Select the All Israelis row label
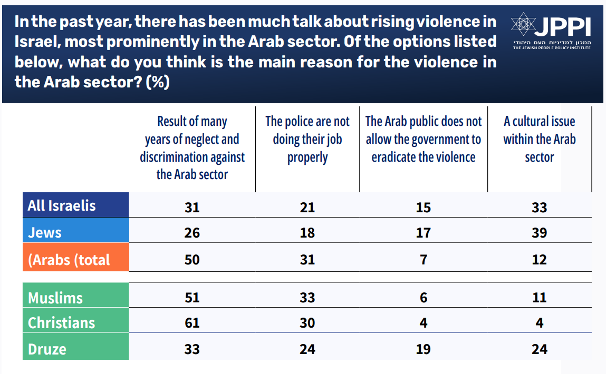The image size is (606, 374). (62, 205)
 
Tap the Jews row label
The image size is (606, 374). (45, 232)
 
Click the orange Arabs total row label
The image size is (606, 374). (69, 260)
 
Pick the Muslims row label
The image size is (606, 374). (55, 298)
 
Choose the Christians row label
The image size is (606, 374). (62, 323)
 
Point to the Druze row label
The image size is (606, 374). (47, 349)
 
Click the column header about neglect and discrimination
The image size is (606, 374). (192, 148)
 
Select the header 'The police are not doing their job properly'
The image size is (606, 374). (307, 140)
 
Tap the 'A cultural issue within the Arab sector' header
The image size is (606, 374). (540, 140)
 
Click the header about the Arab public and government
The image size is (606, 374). (424, 140)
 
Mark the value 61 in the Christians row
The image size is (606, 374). (192, 323)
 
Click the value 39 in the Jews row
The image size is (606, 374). (540, 232)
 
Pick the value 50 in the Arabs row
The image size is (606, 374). (192, 260)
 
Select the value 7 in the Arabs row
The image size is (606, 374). (424, 260)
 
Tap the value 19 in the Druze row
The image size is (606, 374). (424, 349)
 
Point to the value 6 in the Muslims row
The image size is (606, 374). (424, 298)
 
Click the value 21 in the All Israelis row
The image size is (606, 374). (307, 208)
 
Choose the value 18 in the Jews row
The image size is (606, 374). (307, 232)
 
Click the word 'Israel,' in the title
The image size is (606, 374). (37, 42)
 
